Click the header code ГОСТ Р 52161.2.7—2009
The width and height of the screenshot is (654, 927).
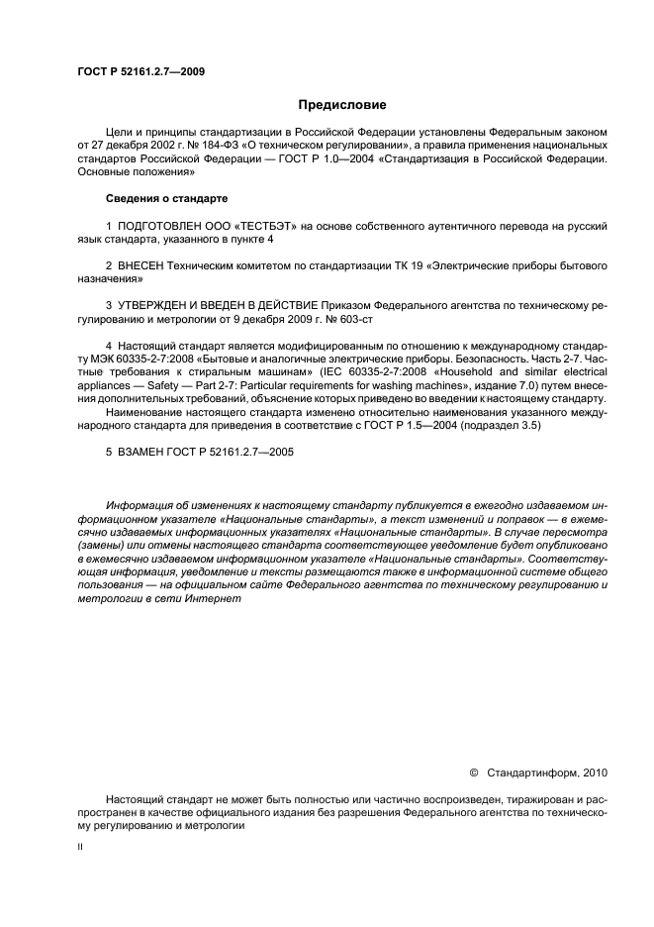140,71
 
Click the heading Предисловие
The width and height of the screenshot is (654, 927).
342,104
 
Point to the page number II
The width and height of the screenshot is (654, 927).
80,847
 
